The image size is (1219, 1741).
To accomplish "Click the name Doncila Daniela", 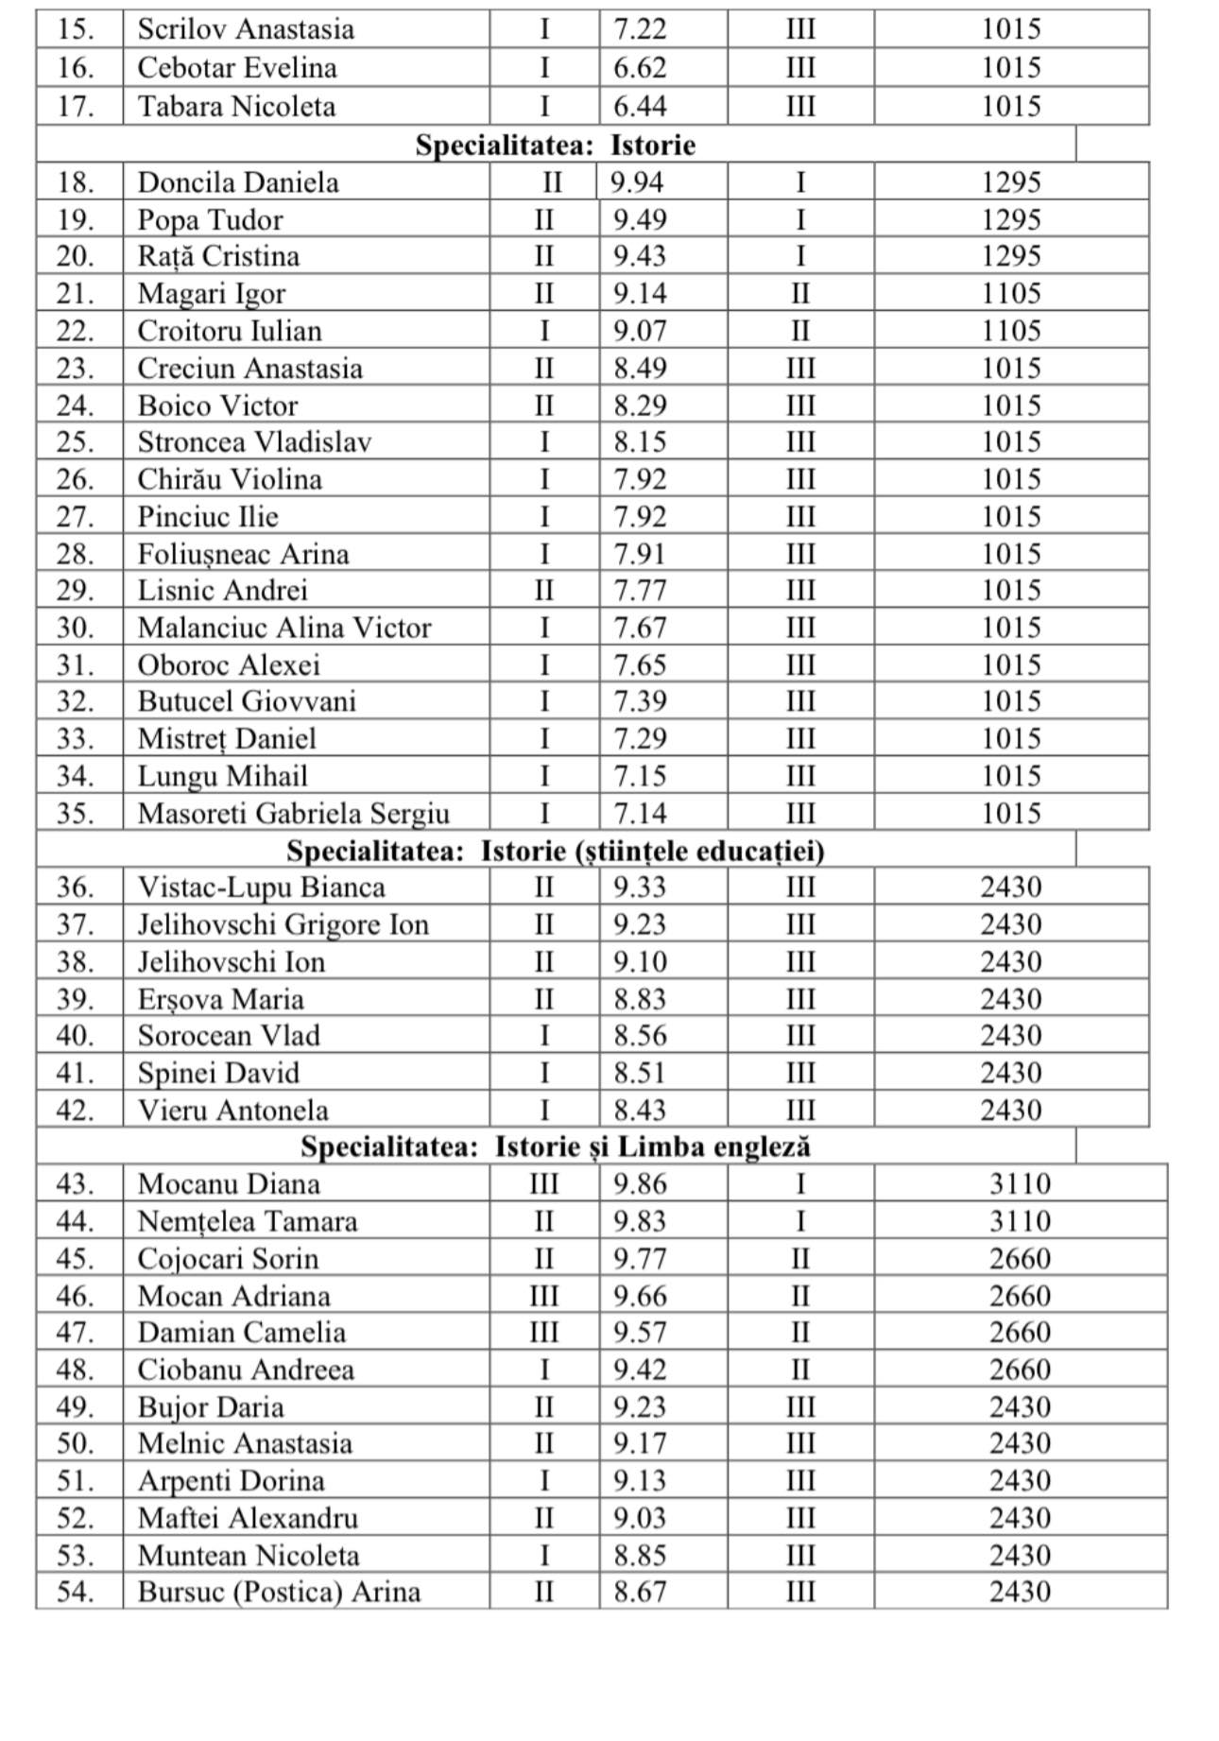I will [x=238, y=181].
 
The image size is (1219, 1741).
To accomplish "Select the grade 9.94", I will [x=637, y=181].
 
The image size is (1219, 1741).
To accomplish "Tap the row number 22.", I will [x=76, y=331].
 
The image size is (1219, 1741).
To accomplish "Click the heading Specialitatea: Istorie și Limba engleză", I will [x=556, y=1146].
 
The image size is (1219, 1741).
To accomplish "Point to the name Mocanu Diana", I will [x=229, y=1184].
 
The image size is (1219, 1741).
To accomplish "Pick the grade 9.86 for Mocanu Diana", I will [x=640, y=1184].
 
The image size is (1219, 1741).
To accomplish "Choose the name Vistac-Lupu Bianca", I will [x=262, y=888].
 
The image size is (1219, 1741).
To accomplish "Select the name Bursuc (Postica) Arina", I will [x=279, y=1593].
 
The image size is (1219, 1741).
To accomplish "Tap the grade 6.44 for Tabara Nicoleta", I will [x=640, y=106].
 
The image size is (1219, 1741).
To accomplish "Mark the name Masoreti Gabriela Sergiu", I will [x=293, y=813].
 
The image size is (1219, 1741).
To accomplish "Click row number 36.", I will [x=76, y=888].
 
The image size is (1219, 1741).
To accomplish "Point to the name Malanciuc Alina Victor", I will [x=284, y=628].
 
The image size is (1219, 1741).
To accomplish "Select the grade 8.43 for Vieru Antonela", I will [x=640, y=1110].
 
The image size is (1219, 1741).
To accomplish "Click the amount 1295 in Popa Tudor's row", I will [x=1011, y=219].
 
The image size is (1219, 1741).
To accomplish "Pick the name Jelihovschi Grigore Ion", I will [x=283, y=924].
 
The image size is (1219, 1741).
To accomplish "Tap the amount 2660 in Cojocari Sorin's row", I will [x=1020, y=1259].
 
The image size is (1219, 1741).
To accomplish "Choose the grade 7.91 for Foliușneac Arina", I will [x=640, y=554].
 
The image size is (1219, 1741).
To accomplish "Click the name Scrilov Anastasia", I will [x=246, y=29].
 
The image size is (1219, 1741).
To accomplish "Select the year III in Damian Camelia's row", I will [x=544, y=1333].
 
